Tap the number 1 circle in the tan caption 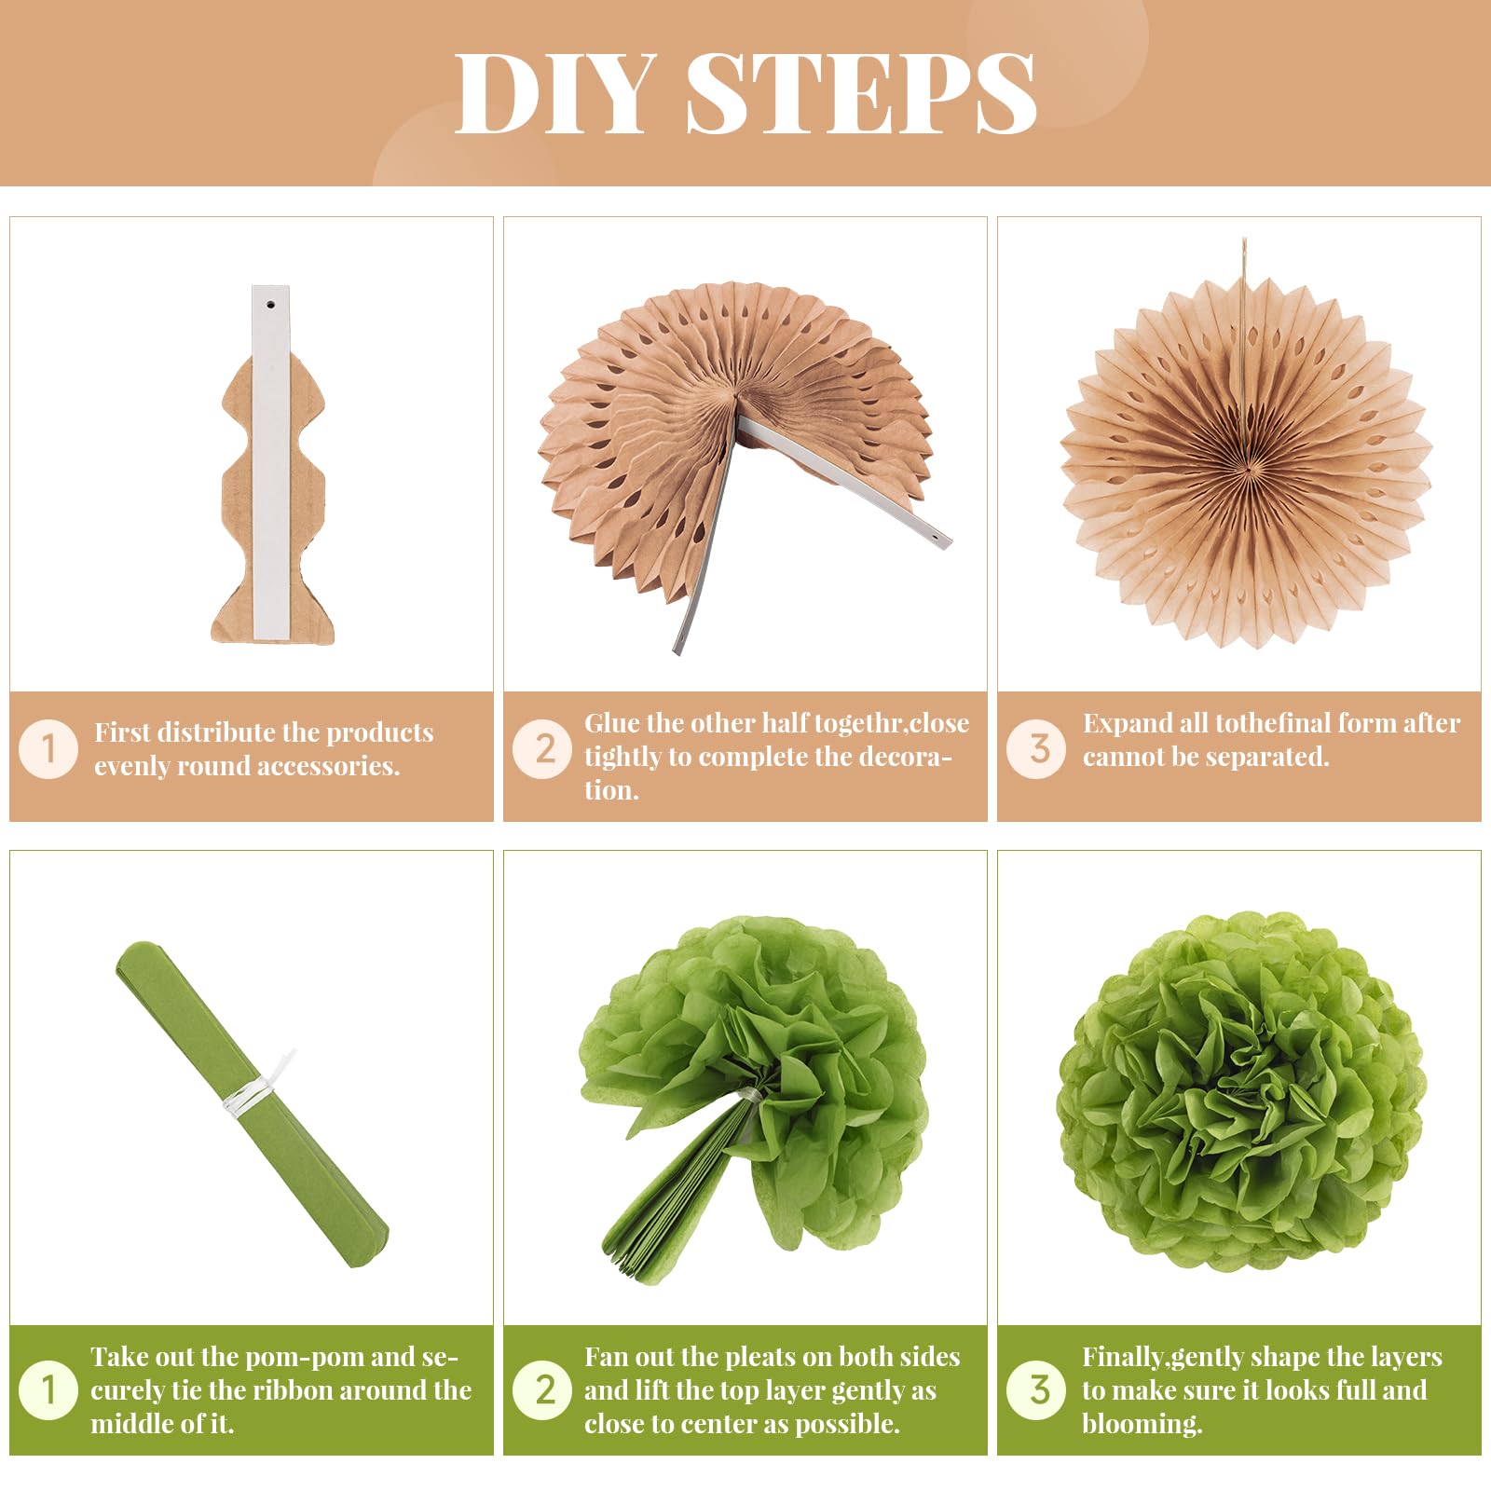click(48, 748)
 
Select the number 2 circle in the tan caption click(542, 748)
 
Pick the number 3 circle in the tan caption click(1036, 748)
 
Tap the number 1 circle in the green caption click(48, 1390)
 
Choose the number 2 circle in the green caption click(542, 1390)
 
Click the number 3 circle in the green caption click(1036, 1390)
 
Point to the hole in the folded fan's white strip click(270, 304)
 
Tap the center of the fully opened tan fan click(1245, 459)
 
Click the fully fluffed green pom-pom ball click(1241, 1092)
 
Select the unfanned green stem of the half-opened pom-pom click(671, 1202)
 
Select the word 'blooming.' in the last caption click(1142, 1425)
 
